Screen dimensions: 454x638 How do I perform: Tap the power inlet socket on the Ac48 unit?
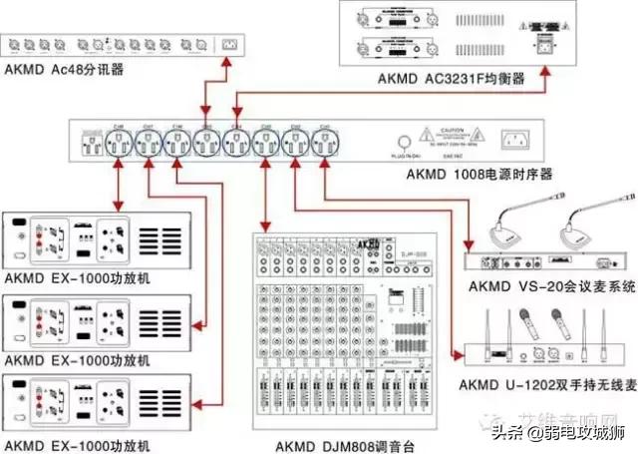(230, 45)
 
